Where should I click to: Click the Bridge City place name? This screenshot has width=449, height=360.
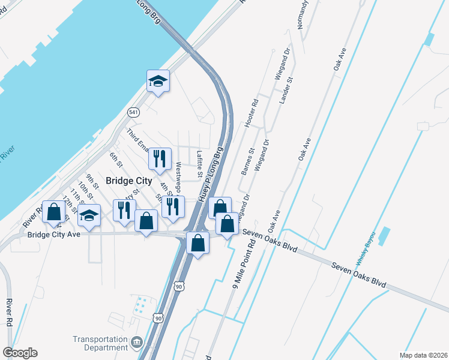(x=129, y=180)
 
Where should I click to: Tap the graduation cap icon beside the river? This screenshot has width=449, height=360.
(x=158, y=81)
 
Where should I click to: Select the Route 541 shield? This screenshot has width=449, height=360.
(x=133, y=112)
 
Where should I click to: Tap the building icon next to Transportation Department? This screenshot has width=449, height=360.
(x=137, y=343)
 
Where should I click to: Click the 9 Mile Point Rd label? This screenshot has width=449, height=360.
(x=244, y=262)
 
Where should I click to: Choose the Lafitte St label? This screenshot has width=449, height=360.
(x=200, y=164)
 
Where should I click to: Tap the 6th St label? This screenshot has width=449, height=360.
(x=115, y=160)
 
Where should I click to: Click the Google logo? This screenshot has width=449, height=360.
(x=20, y=353)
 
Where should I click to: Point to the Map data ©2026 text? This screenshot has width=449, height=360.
(x=423, y=355)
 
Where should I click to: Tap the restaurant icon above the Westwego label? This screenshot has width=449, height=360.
(x=159, y=158)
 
